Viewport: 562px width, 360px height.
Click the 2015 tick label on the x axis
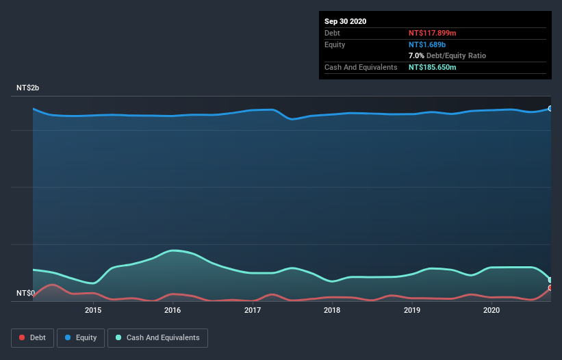(93, 310)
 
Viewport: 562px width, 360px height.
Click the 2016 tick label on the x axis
(173, 310)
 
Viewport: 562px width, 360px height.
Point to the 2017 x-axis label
(253, 310)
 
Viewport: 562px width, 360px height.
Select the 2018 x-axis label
(332, 310)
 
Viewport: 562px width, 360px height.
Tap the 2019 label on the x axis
(412, 310)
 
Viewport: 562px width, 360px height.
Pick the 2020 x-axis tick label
(491, 310)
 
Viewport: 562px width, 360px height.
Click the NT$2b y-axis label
(28, 88)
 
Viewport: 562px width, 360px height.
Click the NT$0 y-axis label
(25, 294)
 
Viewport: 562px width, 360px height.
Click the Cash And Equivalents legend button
(157, 337)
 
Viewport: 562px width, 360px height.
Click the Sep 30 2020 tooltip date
(345, 21)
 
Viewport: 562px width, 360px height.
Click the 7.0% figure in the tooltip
(416, 55)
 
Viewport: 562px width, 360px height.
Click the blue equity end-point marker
(550, 108)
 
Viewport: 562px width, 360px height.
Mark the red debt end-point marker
(550, 288)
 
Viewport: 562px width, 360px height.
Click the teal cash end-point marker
(550, 280)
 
